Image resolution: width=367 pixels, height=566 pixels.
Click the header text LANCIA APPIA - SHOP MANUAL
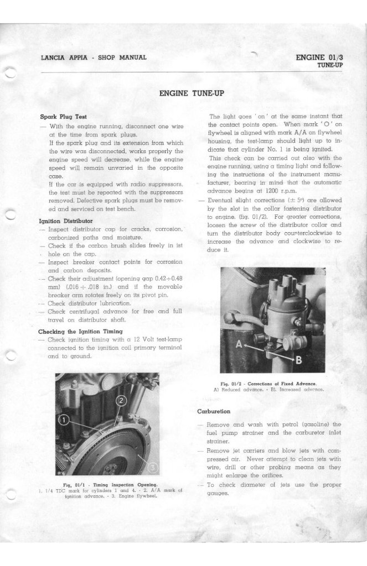click(94, 57)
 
